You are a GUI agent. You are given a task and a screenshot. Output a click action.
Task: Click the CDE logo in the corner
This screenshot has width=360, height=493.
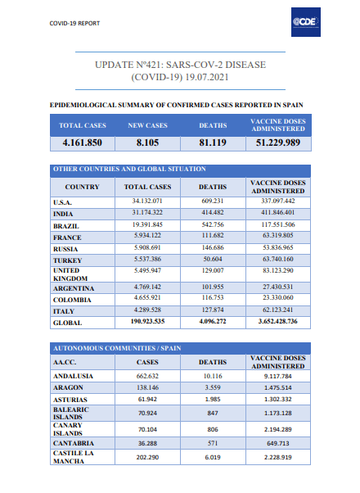306,22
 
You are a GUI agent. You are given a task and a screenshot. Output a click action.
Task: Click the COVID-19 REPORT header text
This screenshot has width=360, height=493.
74,23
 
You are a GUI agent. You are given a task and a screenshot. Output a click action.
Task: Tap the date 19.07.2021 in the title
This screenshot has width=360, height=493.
207,77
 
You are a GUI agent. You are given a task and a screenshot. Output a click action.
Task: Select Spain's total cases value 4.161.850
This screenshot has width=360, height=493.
83,142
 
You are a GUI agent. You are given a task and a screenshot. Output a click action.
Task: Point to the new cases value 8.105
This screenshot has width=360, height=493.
147,142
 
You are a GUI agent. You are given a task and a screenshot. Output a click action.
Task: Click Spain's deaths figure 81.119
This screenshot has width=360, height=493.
213,142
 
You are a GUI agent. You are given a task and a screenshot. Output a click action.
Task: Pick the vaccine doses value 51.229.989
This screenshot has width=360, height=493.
278,142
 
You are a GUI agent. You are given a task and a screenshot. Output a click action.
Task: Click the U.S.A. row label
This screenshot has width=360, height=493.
62,202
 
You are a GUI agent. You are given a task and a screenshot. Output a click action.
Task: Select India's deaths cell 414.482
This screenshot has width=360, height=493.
213,213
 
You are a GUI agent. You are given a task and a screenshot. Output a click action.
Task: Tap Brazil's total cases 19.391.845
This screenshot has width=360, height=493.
147,224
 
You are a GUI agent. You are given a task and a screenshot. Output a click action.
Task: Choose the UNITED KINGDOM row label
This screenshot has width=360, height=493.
70,274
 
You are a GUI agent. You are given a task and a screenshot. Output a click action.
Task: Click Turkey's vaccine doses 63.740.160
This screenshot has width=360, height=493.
278,259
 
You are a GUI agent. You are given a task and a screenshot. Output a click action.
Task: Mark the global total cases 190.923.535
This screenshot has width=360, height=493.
147,321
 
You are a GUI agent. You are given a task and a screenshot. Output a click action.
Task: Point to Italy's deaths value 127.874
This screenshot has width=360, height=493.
213,310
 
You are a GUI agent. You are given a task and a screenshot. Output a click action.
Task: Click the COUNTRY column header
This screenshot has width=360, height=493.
83,187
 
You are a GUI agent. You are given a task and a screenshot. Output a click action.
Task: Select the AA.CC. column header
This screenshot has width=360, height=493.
65,362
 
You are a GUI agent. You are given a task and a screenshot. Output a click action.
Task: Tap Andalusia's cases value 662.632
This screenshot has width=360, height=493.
147,376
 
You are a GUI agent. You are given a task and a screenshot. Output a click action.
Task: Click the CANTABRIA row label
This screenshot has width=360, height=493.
74,443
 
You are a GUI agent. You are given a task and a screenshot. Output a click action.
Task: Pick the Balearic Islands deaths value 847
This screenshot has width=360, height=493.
213,413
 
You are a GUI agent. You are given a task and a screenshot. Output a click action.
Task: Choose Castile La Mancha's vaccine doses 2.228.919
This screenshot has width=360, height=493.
278,457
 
